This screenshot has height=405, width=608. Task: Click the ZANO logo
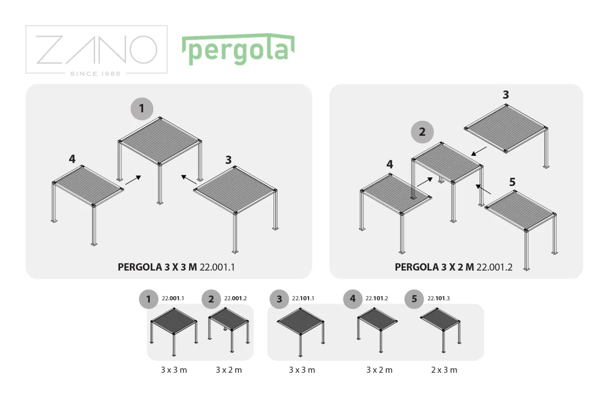(96, 50)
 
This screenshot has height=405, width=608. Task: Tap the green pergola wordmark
(238, 49)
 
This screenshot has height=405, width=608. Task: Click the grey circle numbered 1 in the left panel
(142, 109)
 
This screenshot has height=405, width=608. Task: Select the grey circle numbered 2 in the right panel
(422, 132)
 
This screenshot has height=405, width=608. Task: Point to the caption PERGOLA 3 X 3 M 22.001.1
(176, 267)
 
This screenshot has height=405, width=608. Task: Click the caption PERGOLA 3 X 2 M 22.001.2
(454, 267)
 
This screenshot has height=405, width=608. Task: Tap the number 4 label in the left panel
(72, 159)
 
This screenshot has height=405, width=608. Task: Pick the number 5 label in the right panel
(512, 182)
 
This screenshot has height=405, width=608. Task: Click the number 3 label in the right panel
(506, 95)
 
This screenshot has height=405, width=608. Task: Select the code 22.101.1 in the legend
(303, 298)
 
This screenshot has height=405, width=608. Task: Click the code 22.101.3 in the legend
(439, 298)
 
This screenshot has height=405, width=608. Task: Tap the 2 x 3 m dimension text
(444, 370)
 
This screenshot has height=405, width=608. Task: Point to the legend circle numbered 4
(353, 299)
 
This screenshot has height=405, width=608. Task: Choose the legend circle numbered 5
(414, 299)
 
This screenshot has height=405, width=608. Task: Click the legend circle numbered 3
(279, 299)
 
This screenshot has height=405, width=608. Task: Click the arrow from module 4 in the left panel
(133, 180)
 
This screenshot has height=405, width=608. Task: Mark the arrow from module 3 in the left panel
(189, 180)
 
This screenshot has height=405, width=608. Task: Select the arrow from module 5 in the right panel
(483, 189)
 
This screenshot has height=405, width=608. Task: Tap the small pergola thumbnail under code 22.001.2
(229, 330)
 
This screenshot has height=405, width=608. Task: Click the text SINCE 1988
(95, 74)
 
